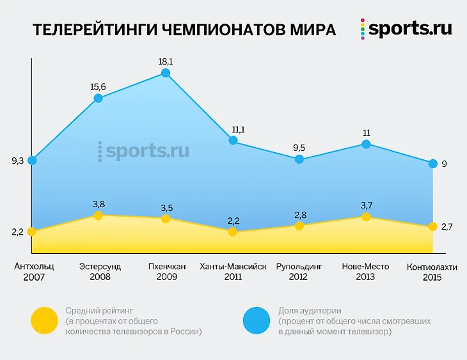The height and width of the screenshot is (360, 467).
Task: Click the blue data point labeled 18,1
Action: click(166, 73)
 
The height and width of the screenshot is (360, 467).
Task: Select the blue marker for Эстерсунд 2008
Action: click(99, 98)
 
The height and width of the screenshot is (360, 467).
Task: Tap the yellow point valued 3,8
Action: click(99, 215)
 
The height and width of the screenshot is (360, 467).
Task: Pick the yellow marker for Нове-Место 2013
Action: click(366, 217)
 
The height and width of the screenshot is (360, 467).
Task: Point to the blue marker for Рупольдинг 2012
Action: click(299, 159)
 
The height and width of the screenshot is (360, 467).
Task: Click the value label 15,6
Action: click(99, 87)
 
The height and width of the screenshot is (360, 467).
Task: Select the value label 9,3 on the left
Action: click(17, 161)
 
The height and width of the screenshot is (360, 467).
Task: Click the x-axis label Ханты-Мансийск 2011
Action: click(233, 271)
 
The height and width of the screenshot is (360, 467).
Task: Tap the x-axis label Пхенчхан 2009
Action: click(166, 271)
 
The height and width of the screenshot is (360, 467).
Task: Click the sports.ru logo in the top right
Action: click(406, 29)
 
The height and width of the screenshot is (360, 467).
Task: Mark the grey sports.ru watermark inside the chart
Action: click(144, 152)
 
